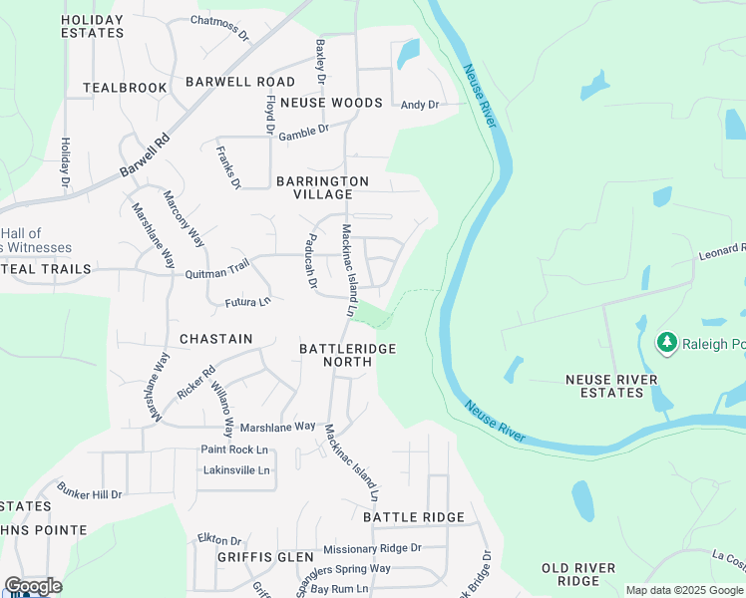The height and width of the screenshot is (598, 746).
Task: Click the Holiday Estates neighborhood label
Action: point(92,26)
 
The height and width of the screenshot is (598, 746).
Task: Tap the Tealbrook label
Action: point(125,88)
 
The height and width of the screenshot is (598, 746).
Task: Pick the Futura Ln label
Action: point(247,301)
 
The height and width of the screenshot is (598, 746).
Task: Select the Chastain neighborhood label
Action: point(215,339)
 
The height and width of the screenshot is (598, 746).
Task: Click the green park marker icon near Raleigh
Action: point(666,344)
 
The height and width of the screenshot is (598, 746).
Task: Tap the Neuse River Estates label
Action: point(611,386)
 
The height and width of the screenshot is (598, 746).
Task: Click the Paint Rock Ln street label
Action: point(234,449)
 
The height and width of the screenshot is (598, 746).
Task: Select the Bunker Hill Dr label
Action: point(89,493)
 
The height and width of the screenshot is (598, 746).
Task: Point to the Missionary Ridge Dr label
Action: point(372,548)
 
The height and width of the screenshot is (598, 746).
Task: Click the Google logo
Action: point(33,586)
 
